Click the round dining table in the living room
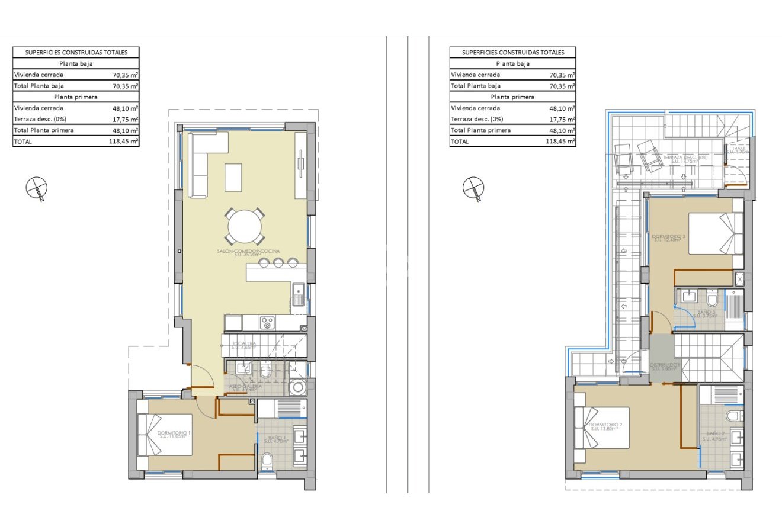click(245, 227)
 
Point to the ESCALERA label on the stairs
click(244, 343)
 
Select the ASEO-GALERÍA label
click(246, 386)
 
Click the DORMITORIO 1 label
click(174, 434)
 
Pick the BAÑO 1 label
click(275, 438)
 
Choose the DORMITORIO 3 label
click(669, 237)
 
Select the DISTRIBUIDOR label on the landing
click(665, 365)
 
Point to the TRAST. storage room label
click(738, 149)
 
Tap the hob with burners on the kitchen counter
click(268, 323)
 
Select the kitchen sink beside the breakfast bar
click(298, 290)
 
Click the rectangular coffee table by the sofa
click(233, 177)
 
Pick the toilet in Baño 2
click(732, 416)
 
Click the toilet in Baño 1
click(267, 461)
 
